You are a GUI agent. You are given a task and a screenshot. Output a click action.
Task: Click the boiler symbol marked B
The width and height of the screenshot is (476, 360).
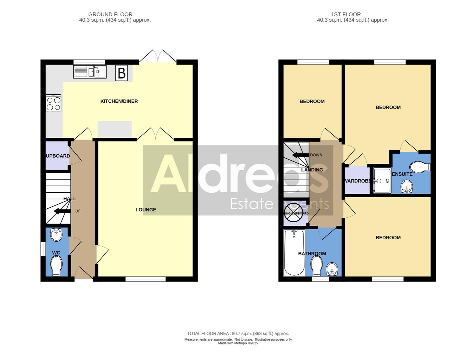(x=122, y=73)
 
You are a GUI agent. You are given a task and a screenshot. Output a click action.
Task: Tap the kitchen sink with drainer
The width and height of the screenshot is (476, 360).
(x=90, y=72)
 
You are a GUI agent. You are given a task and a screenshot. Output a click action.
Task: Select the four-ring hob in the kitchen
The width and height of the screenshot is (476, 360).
(x=54, y=103)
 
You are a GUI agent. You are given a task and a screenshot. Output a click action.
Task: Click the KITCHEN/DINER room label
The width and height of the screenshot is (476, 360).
(x=119, y=101)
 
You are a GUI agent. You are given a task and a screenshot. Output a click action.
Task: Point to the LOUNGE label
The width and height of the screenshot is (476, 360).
(x=146, y=210)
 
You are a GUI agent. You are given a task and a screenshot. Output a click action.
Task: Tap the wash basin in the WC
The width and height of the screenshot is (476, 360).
(x=56, y=235)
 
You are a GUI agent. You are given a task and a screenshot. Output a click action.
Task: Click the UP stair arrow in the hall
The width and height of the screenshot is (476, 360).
(x=62, y=211)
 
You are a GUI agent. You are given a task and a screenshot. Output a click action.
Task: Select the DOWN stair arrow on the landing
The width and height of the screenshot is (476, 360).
(x=300, y=155)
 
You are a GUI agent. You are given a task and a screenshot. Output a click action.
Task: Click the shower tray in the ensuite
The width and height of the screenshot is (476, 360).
(x=382, y=181)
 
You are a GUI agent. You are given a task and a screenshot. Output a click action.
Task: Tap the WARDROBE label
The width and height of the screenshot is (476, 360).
(x=357, y=181)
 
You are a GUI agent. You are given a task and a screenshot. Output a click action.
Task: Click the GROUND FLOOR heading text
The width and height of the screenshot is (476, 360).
(x=110, y=14)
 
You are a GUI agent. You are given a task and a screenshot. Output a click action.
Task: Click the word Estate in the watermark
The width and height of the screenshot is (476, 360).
(x=251, y=203)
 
